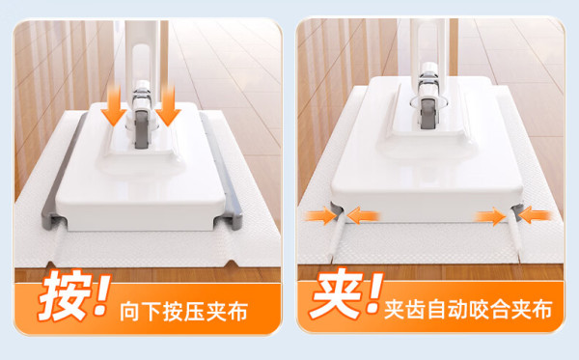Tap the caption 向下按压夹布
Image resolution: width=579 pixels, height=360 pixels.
click(x=183, y=313)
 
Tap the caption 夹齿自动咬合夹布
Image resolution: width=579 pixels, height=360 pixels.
click(x=468, y=309)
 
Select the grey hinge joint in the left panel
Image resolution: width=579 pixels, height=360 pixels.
click(x=142, y=129)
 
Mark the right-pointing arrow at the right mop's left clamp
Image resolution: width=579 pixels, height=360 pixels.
click(x=320, y=215)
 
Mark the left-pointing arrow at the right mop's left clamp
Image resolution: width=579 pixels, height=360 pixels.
click(x=363, y=215)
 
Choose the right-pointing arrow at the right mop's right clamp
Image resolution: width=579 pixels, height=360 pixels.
click(x=491, y=215)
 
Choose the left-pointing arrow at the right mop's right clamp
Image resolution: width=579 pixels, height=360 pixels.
click(x=536, y=215)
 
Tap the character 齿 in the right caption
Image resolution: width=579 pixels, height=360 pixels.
click(x=415, y=309)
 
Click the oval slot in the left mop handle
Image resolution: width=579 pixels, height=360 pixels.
click(x=142, y=70)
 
